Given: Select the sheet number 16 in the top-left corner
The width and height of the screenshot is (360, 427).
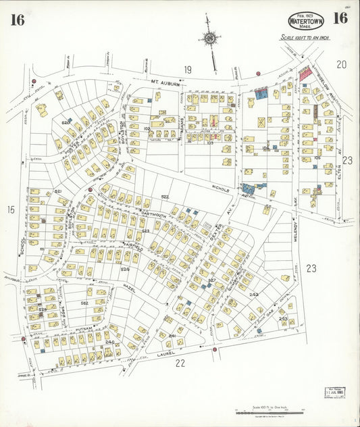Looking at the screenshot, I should (18, 20).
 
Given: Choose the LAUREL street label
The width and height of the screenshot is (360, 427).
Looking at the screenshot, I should (165, 353).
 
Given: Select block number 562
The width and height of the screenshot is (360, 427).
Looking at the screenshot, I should (84, 303).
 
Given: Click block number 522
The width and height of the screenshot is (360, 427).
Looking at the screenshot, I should (164, 197).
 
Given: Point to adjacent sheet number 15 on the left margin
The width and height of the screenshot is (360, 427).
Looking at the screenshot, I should (11, 210).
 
